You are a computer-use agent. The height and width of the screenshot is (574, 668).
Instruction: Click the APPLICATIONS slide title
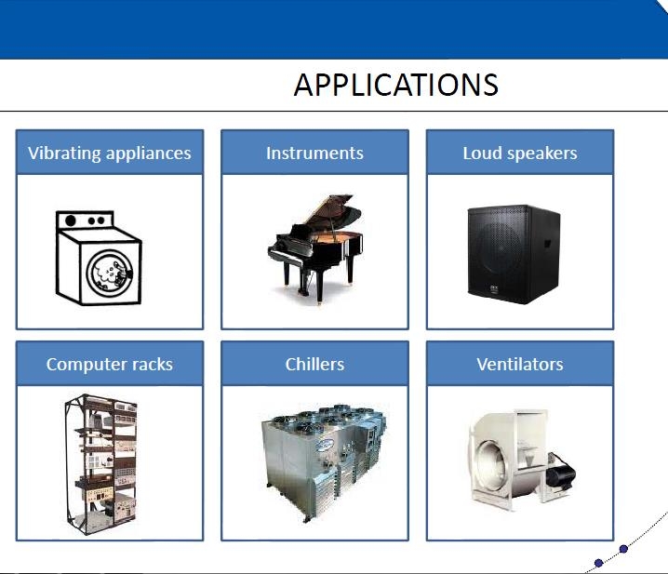click(x=395, y=85)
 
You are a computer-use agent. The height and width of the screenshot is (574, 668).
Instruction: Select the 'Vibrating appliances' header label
click(x=110, y=154)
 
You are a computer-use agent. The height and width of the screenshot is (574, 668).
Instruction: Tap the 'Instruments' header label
click(x=314, y=153)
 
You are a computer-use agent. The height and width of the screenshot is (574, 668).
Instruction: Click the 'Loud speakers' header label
click(x=520, y=154)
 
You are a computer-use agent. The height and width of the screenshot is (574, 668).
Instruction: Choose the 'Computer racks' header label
click(x=110, y=365)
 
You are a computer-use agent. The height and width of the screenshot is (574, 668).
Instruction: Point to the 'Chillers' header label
click(x=314, y=364)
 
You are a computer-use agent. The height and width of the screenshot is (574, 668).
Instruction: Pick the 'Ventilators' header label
click(x=520, y=364)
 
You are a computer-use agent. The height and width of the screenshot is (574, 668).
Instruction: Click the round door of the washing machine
click(x=110, y=274)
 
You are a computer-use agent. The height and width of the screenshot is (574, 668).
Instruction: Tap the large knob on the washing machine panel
click(x=71, y=220)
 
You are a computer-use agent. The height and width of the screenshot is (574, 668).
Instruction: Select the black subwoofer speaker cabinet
click(x=514, y=254)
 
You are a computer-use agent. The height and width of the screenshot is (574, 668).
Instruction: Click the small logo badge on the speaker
click(x=494, y=289)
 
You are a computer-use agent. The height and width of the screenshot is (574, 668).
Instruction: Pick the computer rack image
click(x=101, y=464)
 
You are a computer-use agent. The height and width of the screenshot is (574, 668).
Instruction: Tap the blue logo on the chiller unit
click(x=327, y=445)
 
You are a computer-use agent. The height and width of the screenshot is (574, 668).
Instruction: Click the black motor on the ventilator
click(x=561, y=473)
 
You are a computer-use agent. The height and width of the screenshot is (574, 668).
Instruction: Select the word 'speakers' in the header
click(x=541, y=154)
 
